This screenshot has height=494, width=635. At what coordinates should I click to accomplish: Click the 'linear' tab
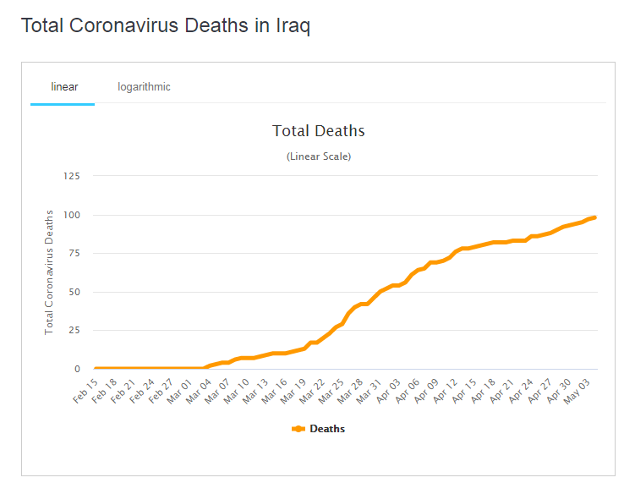pos(64,87)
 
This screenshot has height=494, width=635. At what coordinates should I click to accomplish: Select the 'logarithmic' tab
pos(144,87)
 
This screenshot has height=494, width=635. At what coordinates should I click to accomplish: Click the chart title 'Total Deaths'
pos(319,131)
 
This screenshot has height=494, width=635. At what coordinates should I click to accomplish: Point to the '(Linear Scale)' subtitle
pos(319,156)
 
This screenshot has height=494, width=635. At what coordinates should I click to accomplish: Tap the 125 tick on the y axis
pos(70,176)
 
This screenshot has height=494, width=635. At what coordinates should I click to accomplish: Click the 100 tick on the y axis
pos(70,215)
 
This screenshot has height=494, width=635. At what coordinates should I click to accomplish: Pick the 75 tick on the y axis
pos(73,253)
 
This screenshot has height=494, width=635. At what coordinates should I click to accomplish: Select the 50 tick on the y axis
pos(73,292)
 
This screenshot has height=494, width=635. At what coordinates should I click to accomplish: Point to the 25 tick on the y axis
pos(73,331)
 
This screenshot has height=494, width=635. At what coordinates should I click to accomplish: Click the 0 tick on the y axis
pos(76,369)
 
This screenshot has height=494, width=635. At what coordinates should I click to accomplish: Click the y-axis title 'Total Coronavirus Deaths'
pos(49,272)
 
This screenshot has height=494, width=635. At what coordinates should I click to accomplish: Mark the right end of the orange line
pos(594,217)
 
